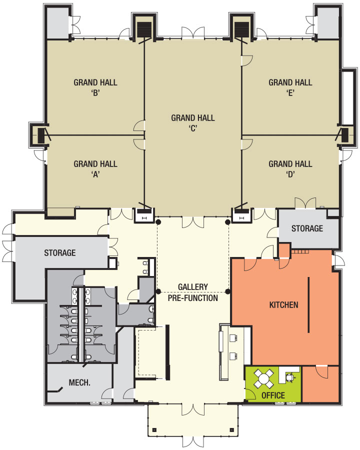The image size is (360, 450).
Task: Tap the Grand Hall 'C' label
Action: pos(193,122)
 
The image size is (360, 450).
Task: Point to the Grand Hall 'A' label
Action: pos(95,168)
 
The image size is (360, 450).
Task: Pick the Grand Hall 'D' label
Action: pos(290,168)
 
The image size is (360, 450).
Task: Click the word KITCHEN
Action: pos(283,304)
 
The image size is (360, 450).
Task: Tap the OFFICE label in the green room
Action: pos(273,395)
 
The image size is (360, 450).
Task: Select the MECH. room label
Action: pos(79,383)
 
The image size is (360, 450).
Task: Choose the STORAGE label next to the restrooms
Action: pos(59,252)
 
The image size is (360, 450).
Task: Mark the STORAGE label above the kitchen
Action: pos(307,228)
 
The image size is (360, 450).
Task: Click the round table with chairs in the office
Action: pos(263,377)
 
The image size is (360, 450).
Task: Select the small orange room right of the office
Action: pos(321,383)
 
